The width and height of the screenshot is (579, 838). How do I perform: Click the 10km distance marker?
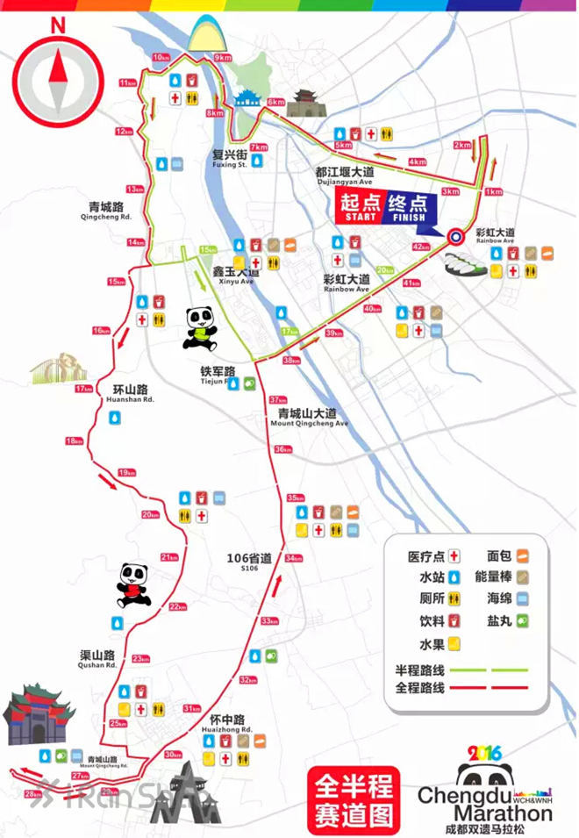[161, 57]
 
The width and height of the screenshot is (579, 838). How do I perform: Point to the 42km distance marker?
[421, 247]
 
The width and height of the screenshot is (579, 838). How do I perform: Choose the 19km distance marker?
[127, 471]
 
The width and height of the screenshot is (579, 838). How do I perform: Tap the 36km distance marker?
[282, 449]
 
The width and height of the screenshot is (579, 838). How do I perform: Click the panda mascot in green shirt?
[204, 328]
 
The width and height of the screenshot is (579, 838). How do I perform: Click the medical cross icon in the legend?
[455, 555]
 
